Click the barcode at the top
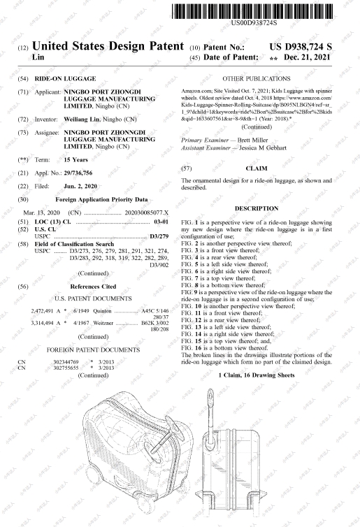[x=252, y=11]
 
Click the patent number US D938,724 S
[x=301, y=47]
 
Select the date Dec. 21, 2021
[x=308, y=57]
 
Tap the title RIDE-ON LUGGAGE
[x=65, y=79]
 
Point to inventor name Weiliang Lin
[x=82, y=120]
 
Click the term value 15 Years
[x=76, y=159]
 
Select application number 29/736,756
[x=78, y=173]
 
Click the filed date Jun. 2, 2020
[x=80, y=186]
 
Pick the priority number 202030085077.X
[x=147, y=212]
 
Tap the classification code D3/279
[x=159, y=236]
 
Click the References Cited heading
[x=93, y=287]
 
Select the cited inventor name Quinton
[x=102, y=311]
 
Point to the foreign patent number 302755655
[x=66, y=368]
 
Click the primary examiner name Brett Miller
[x=253, y=140]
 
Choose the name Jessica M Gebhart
[x=263, y=147]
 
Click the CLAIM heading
[x=257, y=168]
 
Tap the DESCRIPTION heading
[x=257, y=208]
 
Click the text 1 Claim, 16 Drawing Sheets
[x=257, y=375]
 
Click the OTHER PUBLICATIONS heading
[x=257, y=79]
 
